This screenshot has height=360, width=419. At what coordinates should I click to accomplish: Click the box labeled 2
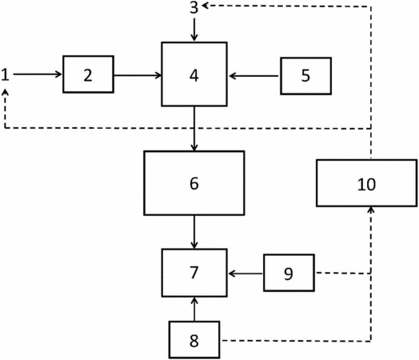(88, 74)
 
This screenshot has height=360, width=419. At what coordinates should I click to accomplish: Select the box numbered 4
(194, 74)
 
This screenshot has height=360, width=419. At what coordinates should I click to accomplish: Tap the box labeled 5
(306, 76)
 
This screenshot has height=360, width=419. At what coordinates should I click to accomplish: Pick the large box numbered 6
(194, 183)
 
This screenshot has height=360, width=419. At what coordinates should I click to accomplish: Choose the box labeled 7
(194, 273)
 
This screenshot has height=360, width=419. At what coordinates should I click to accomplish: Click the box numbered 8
(194, 340)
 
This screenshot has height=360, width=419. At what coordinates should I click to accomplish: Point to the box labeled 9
(289, 273)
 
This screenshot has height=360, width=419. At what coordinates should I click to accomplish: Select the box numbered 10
(366, 183)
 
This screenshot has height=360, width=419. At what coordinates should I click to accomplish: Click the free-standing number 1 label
(5, 74)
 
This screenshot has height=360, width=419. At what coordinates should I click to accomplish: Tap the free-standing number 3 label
(194, 7)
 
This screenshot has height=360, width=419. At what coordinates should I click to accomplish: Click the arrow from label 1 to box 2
(38, 74)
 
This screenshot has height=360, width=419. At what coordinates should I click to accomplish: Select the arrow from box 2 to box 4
(138, 75)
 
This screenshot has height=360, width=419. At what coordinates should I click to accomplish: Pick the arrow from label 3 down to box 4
(194, 30)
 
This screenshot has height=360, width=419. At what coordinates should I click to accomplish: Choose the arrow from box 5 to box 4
(254, 76)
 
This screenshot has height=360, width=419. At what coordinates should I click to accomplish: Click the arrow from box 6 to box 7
(194, 232)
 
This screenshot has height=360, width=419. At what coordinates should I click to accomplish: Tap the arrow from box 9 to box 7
(245, 274)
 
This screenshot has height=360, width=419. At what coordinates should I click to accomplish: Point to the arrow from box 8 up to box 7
(194, 310)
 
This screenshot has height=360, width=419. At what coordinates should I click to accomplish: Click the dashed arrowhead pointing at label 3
(206, 6)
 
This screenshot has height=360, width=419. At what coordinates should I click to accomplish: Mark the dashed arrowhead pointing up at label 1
(6, 92)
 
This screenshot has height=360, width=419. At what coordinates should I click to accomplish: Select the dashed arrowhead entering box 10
(370, 210)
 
